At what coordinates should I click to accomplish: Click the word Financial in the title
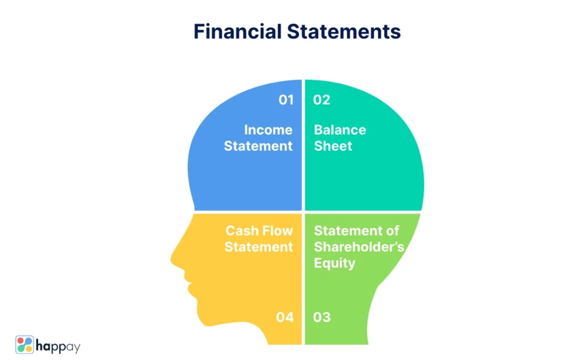coord(238,31)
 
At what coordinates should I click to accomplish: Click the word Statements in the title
coord(344,31)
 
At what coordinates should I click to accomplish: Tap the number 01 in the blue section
coord(286,100)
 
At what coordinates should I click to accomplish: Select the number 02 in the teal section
coord(321,100)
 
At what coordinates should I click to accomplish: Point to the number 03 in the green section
coord(322,317)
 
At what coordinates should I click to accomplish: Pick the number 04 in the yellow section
coord(285,317)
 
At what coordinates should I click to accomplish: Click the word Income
coord(268,130)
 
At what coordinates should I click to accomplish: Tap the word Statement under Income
coord(258,146)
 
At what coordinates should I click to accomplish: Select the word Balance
coord(340,130)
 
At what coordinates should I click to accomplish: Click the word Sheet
coord(332,146)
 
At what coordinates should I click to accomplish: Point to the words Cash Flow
coord(259,231)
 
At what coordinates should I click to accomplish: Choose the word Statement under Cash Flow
coord(259,247)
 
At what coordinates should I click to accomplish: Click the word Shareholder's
coord(359,247)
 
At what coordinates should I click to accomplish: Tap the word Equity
coord(335,263)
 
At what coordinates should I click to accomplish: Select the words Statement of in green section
coord(356,231)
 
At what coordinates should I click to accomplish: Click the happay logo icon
coord(24,345)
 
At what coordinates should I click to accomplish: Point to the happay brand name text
coord(58,347)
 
